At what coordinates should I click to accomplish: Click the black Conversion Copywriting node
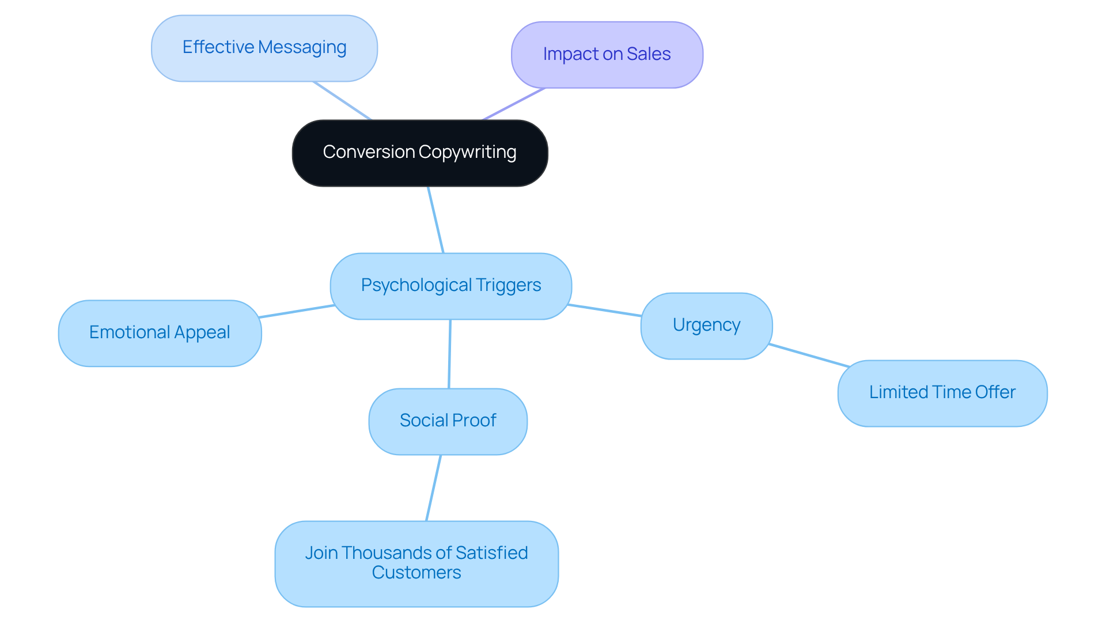pos(419,153)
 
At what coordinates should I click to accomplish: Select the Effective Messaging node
pos(264,48)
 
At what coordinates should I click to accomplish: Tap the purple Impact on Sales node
pos(607,55)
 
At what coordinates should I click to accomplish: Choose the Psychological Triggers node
pos(450,286)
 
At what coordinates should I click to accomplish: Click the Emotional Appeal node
pos(160,333)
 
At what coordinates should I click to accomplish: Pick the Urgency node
pos(706,326)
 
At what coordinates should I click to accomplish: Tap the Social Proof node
pos(448,421)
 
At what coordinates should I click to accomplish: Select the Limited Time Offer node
pos(942,393)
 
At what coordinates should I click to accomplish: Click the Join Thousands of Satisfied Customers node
pos(416,563)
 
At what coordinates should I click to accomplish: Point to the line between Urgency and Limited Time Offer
pos(809,355)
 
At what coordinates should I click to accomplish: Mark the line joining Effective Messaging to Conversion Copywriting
pos(342,100)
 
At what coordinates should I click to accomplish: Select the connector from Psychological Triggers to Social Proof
pos(449,354)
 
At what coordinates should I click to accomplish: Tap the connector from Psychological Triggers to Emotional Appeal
pos(296,311)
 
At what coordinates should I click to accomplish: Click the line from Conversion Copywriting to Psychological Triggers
pos(435,220)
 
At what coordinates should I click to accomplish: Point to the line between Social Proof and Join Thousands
pos(433,487)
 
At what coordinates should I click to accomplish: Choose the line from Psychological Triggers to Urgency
pos(605,310)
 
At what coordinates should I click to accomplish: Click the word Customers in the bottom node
pos(416,573)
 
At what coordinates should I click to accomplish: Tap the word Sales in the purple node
pos(649,54)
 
